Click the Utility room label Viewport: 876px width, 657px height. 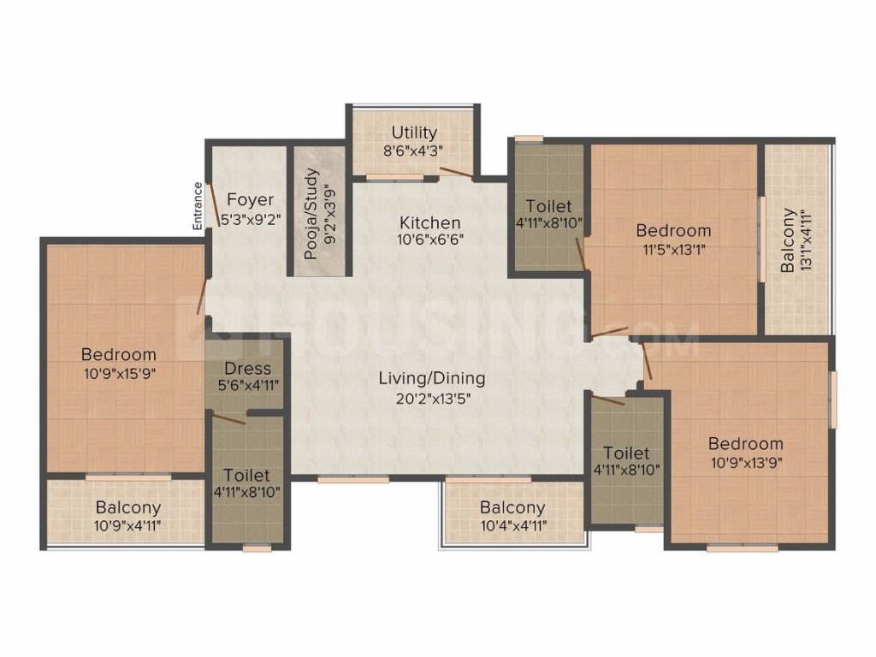[x=414, y=133]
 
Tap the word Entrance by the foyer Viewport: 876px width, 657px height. [x=198, y=205]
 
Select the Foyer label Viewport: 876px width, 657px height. [x=250, y=199]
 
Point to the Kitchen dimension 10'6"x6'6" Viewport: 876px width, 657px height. [x=430, y=240]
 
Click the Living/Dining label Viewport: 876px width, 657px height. [x=431, y=378]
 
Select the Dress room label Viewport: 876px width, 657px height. [x=248, y=369]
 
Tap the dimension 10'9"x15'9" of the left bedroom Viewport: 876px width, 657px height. [x=119, y=372]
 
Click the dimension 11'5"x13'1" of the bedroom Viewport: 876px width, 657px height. [x=673, y=250]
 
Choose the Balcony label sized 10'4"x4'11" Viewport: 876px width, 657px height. [x=512, y=508]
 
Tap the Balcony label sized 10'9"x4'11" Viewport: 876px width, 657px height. [x=127, y=506]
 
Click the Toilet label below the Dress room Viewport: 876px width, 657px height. [x=246, y=475]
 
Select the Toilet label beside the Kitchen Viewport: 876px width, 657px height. [x=549, y=206]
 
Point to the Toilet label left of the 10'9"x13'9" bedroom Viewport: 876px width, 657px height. [x=626, y=453]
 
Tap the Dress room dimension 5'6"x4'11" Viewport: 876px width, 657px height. [x=248, y=385]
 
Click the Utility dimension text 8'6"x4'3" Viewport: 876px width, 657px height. [x=414, y=150]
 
